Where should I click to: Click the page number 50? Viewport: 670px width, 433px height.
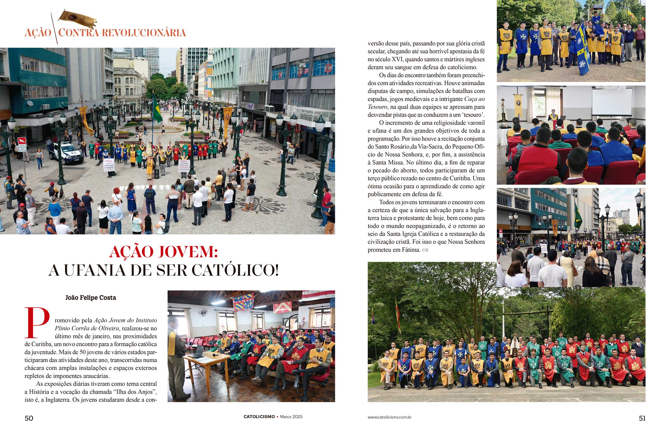29,418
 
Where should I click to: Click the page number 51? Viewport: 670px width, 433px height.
642,418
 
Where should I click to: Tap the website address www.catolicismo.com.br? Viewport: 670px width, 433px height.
389,417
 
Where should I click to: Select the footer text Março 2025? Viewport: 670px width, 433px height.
291,417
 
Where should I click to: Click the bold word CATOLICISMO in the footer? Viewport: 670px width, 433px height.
259,417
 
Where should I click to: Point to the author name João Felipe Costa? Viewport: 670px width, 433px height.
91,298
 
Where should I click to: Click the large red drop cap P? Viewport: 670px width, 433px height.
37,322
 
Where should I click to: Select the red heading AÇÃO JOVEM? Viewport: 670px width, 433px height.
163,252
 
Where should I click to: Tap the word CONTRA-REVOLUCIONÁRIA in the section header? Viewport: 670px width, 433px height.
122,33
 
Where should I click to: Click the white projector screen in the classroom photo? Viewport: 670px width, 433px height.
611,102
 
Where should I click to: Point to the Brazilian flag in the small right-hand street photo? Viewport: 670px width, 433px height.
578,216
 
